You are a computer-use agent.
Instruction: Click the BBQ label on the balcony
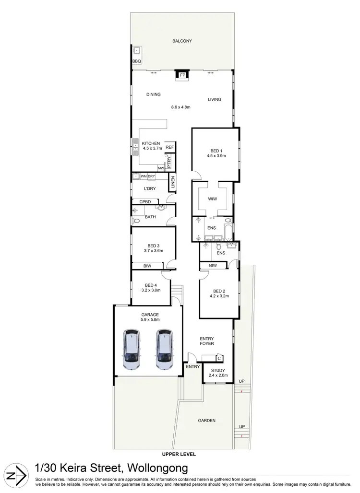[x=136, y=61]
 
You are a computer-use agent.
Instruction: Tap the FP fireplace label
[x=182, y=75]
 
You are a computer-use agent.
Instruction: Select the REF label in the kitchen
[x=169, y=147]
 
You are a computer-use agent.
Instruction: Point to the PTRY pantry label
[x=169, y=160]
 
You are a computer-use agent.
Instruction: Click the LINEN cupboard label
[x=173, y=182]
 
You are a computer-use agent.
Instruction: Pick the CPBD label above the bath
[x=145, y=202]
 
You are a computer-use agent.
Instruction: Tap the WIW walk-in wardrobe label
[x=213, y=198]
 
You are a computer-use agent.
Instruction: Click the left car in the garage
[x=131, y=349]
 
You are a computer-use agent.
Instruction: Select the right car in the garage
[x=163, y=349]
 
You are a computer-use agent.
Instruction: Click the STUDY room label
[x=217, y=370]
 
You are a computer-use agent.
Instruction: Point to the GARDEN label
[x=207, y=421]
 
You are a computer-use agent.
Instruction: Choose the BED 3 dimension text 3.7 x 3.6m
[x=154, y=250]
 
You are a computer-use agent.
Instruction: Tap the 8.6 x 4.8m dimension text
[x=181, y=107]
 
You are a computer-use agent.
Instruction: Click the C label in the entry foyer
[x=219, y=358]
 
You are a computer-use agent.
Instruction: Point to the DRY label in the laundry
[x=152, y=176]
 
